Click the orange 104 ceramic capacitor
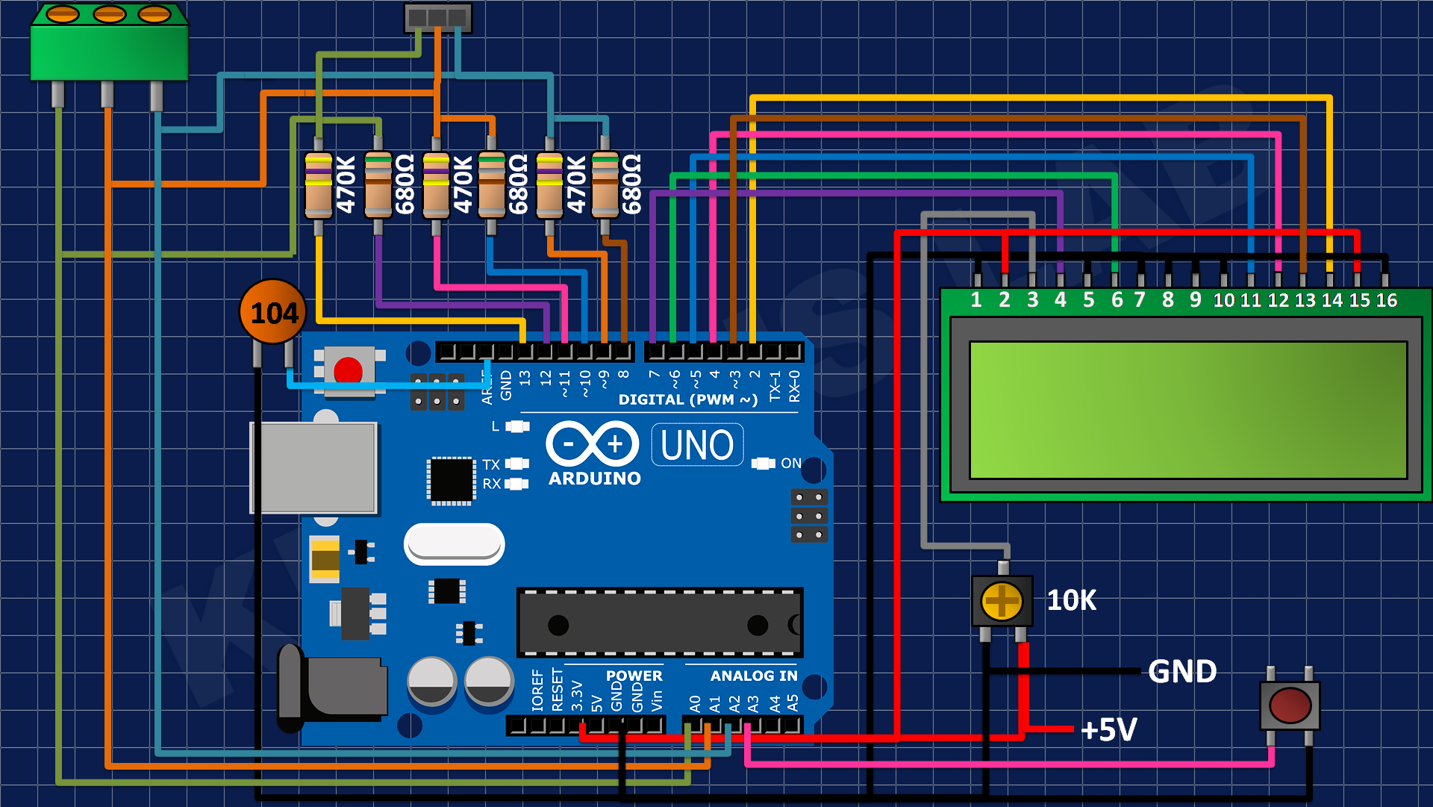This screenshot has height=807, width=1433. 273,311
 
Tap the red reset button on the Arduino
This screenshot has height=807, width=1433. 348,370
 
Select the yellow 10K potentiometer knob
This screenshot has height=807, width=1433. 1002,601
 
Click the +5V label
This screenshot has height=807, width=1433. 1109,729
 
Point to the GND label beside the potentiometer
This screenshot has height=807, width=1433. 1182,671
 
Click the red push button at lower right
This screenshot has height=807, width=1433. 1290,705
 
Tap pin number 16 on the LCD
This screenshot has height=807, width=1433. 1387,300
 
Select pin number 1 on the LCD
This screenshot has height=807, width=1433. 976,300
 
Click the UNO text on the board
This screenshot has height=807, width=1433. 697,446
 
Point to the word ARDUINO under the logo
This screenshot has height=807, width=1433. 595,479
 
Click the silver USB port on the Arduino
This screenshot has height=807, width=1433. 313,468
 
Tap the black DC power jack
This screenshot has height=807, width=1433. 332,688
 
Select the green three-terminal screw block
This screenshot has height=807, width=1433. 109,43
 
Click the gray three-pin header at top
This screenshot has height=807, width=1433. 438,18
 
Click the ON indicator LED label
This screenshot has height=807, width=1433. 791,464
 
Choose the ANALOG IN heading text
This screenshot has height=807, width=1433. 754,676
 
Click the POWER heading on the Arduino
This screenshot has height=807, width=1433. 634,676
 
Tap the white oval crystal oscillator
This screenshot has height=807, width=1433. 454,543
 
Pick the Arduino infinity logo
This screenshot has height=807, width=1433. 593,444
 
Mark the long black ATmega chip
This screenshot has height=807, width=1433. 660,623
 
